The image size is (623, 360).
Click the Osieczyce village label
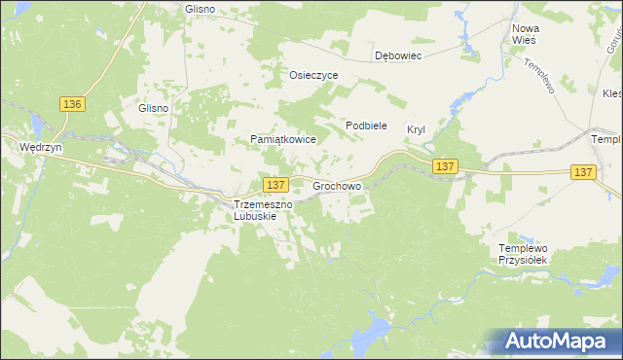tap(313, 75)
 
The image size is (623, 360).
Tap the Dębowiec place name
tap(398, 56)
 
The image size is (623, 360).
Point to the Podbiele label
tap(367, 126)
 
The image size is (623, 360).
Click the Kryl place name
tap(417, 128)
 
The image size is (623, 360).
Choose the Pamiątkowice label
tap(283, 140)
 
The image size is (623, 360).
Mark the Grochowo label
tap(337, 184)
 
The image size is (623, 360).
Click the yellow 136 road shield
tap(72, 104)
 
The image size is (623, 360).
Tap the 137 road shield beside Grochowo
tap(275, 184)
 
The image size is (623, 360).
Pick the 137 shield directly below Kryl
tap(446, 166)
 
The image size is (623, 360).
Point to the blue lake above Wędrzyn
tap(36, 125)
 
